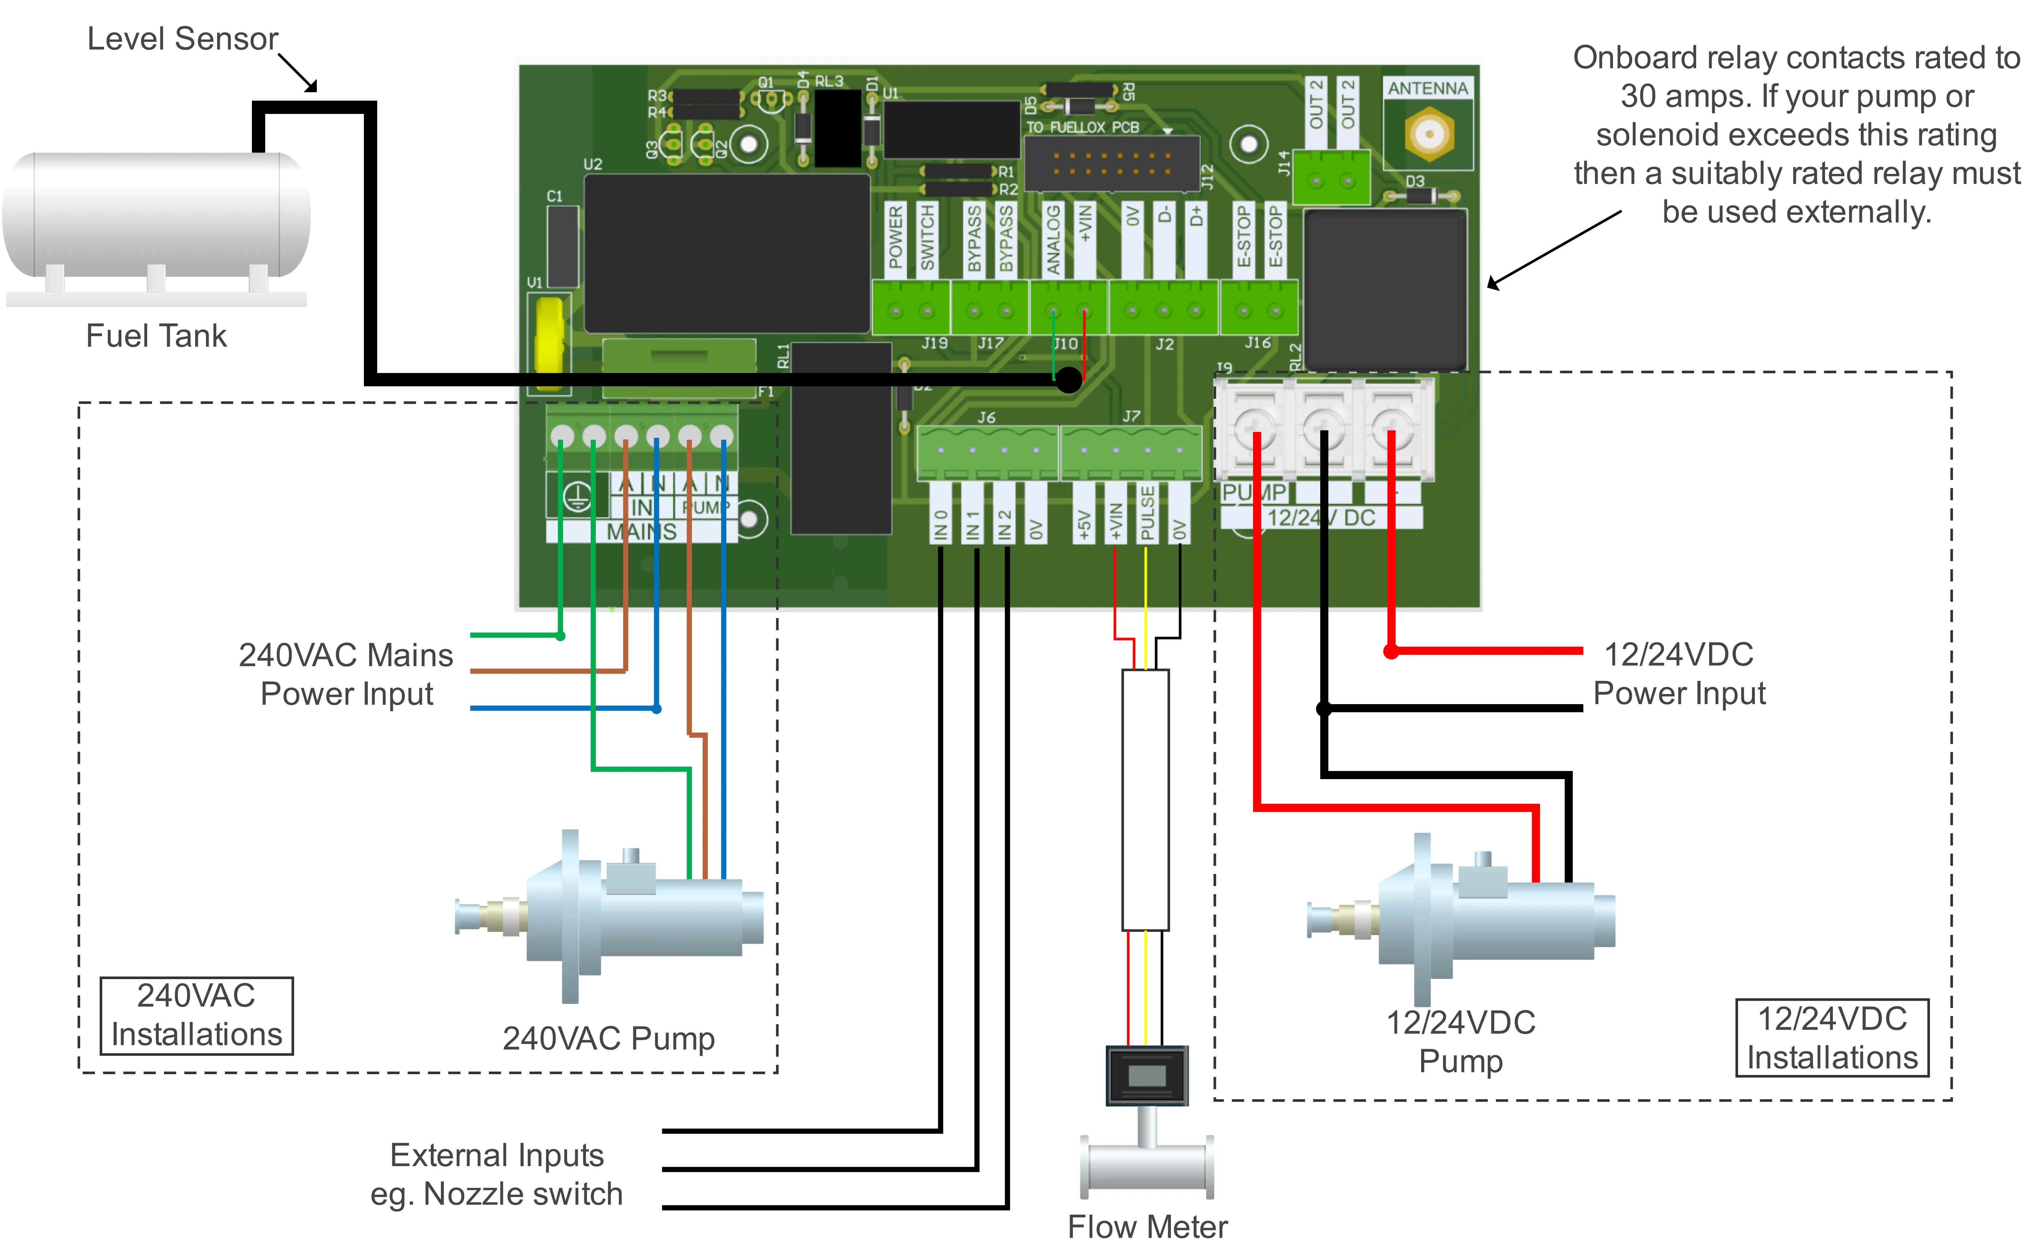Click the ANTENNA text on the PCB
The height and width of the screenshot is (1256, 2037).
1427,88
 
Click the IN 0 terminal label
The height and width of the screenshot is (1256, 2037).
940,525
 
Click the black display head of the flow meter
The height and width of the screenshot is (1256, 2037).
1147,1076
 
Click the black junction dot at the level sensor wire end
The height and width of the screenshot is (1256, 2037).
1069,379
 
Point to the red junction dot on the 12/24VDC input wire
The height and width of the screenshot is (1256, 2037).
1391,651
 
